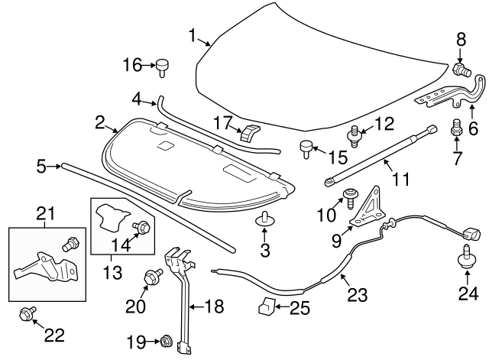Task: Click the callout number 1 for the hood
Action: coord(193,34)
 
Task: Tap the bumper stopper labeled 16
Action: coord(163,66)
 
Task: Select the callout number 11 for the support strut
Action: coord(400,180)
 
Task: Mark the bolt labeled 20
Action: coord(150,278)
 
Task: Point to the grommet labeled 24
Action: coord(465,259)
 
